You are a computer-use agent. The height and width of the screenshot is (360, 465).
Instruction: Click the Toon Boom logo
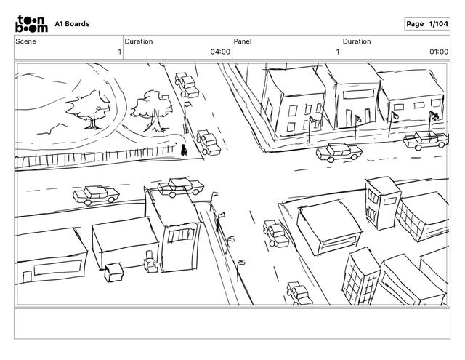pyautogui.click(x=33, y=23)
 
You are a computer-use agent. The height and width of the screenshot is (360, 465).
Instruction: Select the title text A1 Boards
pyautogui.click(x=73, y=24)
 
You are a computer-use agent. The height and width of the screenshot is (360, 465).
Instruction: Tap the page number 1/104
pyautogui.click(x=438, y=24)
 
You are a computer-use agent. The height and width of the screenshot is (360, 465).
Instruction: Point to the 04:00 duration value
pyautogui.click(x=219, y=52)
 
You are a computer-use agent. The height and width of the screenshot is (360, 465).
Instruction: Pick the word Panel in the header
pyautogui.click(x=242, y=41)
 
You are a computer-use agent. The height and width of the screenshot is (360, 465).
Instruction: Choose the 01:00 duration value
pyautogui.click(x=438, y=52)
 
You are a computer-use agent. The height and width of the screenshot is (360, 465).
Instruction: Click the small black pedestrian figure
pyautogui.click(x=185, y=150)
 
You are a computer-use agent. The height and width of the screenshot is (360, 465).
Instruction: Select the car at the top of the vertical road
pyautogui.click(x=187, y=84)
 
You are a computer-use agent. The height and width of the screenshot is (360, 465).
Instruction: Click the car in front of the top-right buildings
pyautogui.click(x=338, y=153)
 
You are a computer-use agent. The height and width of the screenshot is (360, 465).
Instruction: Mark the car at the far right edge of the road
pyautogui.click(x=424, y=141)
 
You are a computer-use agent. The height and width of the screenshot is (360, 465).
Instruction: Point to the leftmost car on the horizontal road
pyautogui.click(x=96, y=195)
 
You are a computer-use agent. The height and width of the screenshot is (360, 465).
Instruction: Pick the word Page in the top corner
pyautogui.click(x=415, y=24)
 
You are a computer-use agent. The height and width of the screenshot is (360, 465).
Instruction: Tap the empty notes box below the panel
pyautogui.click(x=232, y=323)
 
